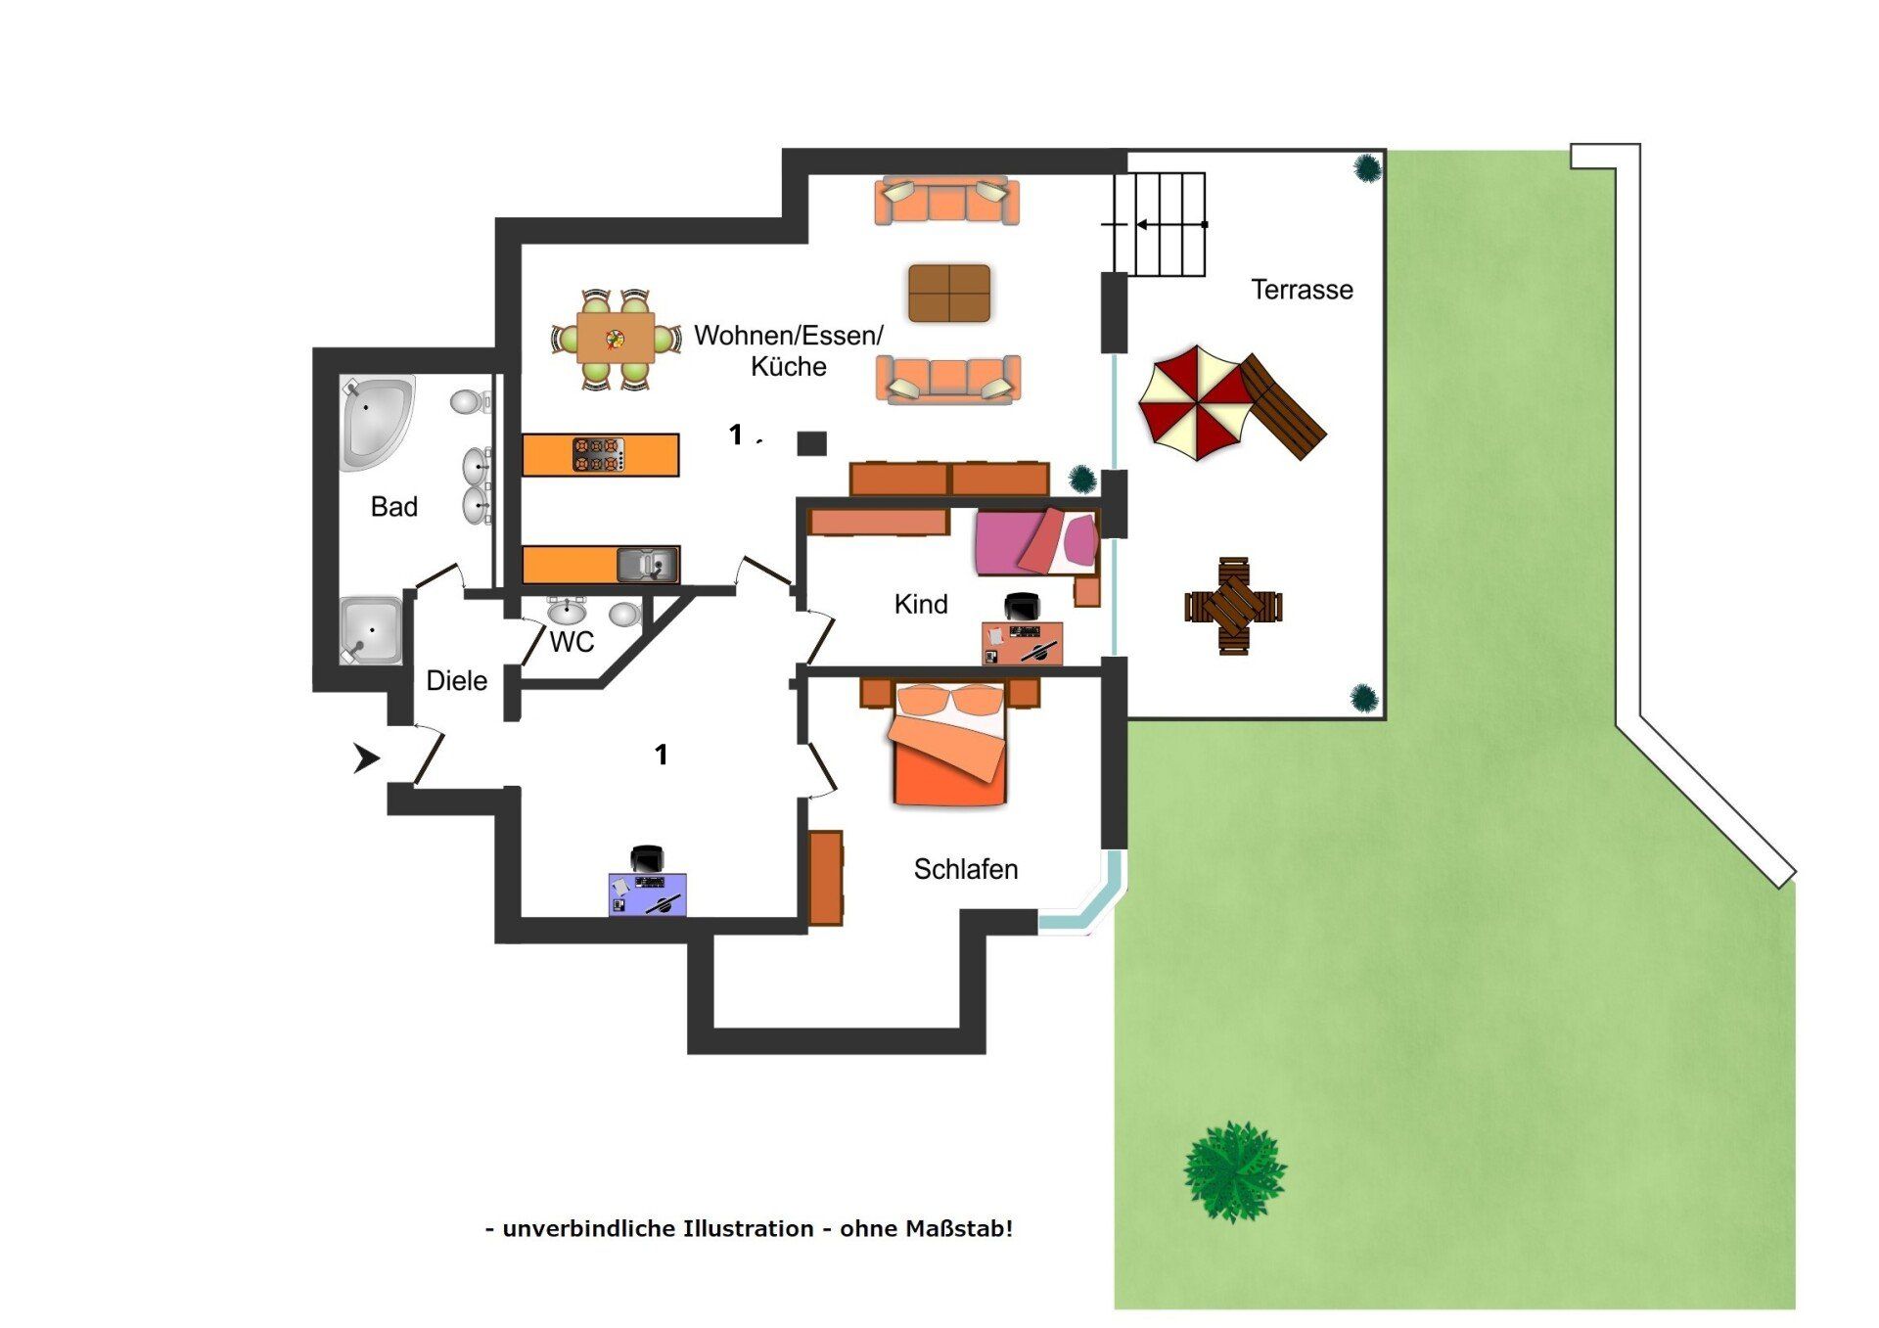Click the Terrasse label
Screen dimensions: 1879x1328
coord(1302,290)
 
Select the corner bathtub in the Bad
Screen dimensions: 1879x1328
coord(376,423)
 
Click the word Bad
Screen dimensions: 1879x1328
coord(393,507)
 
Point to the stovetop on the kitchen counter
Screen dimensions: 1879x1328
coord(598,455)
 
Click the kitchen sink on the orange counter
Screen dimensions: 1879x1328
coord(647,565)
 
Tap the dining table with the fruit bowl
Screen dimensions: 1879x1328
coord(616,339)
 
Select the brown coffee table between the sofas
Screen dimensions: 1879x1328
coord(949,293)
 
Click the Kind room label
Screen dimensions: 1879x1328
coord(921,605)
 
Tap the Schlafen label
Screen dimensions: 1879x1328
coord(966,869)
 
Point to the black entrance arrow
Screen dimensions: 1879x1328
coord(366,757)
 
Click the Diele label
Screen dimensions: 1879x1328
coord(457,680)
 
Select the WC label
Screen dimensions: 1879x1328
coord(572,642)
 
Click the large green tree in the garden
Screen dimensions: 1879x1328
coord(1235,1172)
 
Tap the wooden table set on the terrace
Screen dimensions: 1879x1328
coord(1233,607)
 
